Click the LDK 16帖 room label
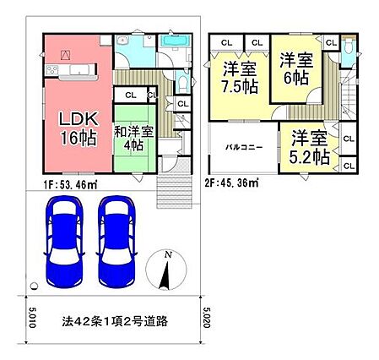pos(79,129)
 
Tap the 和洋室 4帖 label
pos(133,139)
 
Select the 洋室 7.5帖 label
pos(240,77)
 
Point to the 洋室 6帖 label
pos(296,69)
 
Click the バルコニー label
pos(245,147)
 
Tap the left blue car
pos(64,242)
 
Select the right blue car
pos(116,242)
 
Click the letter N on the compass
pos(168,255)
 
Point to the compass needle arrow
pos(165,275)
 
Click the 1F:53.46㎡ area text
pos(70,185)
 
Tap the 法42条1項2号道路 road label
pos(115,321)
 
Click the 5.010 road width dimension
pos(32,318)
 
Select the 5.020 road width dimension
pos(206,318)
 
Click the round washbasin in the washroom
pos(122,41)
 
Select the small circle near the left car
pos(34,286)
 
